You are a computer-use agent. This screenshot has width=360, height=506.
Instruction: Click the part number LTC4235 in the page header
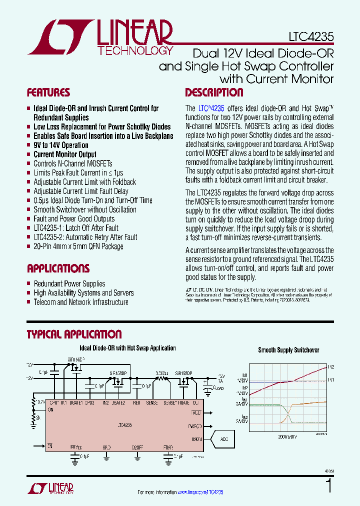point(310,37)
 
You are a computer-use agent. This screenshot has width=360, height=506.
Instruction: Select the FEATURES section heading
point(48,92)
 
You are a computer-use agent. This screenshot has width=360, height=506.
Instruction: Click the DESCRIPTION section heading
point(214,92)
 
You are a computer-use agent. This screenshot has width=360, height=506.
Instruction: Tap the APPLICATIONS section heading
point(58,268)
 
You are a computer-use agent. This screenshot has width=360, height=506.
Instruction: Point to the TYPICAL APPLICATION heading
point(74,334)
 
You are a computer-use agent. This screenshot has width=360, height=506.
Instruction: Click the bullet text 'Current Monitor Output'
point(65,154)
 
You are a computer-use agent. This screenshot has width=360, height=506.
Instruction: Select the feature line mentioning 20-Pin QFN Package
point(78,246)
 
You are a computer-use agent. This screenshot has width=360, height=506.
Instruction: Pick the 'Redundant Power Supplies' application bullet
point(69,283)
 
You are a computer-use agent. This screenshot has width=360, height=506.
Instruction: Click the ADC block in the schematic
point(223,439)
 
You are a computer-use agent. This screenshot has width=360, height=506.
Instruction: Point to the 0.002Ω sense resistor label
point(161,373)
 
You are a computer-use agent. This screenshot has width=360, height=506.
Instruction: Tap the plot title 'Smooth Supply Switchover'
point(288,350)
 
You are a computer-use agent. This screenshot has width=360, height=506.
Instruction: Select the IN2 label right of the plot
point(331,366)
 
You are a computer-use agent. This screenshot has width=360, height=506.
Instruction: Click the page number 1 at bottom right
point(329,486)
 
